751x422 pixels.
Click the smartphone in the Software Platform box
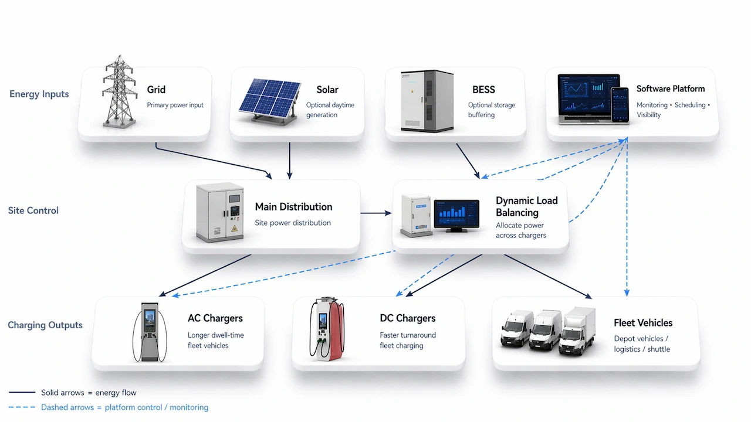tap(620, 104)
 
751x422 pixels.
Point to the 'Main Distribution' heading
tap(293, 207)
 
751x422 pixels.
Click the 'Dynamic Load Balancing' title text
tap(526, 206)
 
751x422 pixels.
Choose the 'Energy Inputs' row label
tap(39, 94)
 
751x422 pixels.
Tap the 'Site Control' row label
tap(33, 210)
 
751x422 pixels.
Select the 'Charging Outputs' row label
tap(45, 325)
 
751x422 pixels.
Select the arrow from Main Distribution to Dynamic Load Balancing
tap(375, 213)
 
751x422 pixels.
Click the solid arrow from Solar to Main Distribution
tap(290, 159)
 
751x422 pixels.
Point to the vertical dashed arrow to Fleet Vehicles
tap(627, 234)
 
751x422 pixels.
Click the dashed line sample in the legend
tap(22, 407)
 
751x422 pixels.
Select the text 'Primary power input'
tap(175, 105)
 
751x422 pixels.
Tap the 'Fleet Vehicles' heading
tap(643, 323)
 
